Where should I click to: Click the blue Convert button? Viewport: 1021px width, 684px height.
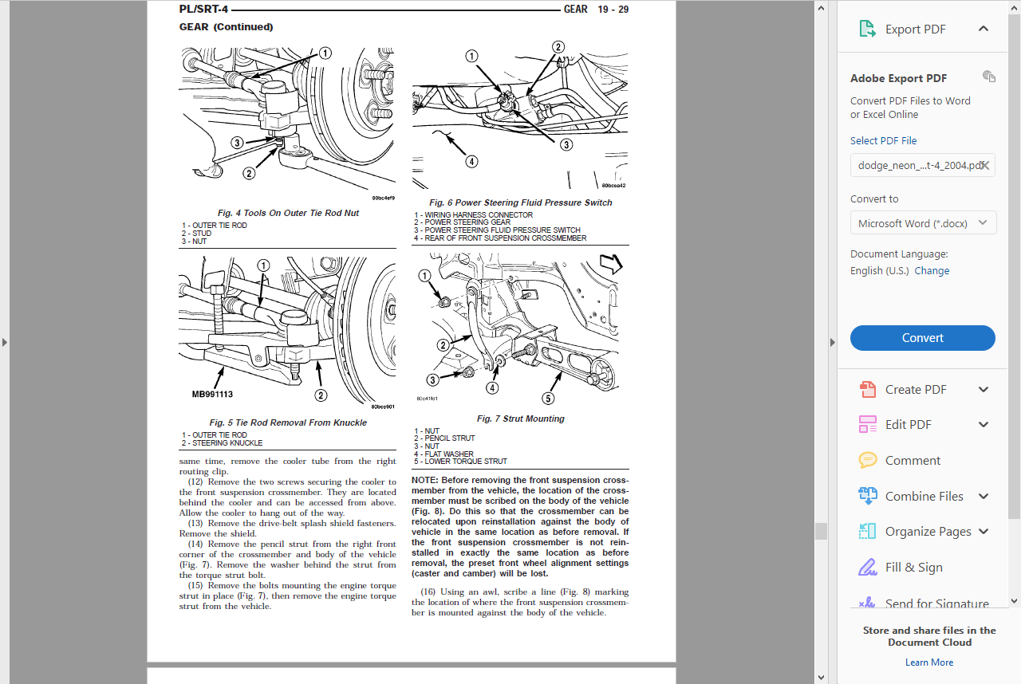pyautogui.click(x=922, y=338)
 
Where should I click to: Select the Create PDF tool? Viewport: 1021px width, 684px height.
pyautogui.click(x=915, y=390)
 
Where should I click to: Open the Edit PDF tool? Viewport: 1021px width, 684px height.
pyautogui.click(x=908, y=425)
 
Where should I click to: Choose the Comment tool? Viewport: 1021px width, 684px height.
pyautogui.click(x=913, y=461)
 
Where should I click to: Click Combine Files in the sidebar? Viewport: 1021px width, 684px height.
pyautogui.click(x=924, y=496)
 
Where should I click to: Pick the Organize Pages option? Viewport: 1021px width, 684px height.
pyautogui.click(x=928, y=532)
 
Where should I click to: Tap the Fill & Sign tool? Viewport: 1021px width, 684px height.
pyautogui.click(x=913, y=568)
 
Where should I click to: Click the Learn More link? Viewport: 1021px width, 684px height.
pyautogui.click(x=928, y=662)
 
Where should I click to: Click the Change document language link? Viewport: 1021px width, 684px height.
pyautogui.click(x=932, y=271)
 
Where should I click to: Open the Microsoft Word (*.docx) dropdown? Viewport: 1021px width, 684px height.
pyautogui.click(x=922, y=223)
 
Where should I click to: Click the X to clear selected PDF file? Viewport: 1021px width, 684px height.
pyautogui.click(x=985, y=166)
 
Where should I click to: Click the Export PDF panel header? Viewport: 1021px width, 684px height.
pyautogui.click(x=915, y=29)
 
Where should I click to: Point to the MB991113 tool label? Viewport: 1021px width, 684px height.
pyautogui.click(x=212, y=394)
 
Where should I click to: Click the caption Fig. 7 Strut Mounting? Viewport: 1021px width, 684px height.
pyautogui.click(x=520, y=419)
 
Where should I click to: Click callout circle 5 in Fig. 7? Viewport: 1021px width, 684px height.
pyautogui.click(x=548, y=399)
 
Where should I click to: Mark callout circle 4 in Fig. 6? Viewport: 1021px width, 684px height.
pyautogui.click(x=471, y=161)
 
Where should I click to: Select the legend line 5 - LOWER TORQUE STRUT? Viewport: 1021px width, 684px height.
pyautogui.click(x=460, y=462)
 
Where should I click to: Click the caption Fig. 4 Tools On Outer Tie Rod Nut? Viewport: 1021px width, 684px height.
pyautogui.click(x=288, y=213)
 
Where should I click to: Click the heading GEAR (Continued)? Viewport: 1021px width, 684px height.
pyautogui.click(x=226, y=27)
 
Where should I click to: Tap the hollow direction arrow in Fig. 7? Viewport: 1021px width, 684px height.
pyautogui.click(x=610, y=265)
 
